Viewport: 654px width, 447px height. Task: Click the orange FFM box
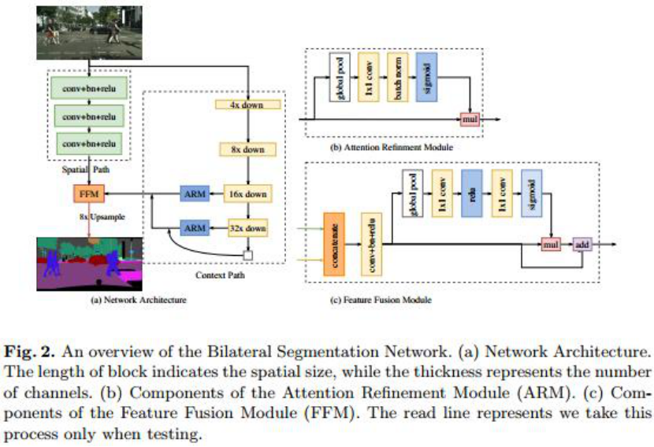[x=87, y=193]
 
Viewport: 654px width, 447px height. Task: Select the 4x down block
[x=247, y=105]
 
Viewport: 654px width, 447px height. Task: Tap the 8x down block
[x=247, y=149]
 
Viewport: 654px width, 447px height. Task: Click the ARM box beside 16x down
[x=194, y=193]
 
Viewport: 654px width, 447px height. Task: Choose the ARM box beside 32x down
[x=194, y=227]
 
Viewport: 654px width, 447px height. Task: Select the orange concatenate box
[x=334, y=244]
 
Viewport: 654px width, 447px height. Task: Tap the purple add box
[x=582, y=245]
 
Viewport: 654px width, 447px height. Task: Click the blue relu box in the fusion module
[x=471, y=194]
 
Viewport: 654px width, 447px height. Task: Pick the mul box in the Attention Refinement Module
[x=470, y=119]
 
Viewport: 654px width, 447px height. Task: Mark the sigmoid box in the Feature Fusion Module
[x=531, y=194]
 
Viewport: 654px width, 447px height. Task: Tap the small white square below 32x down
[x=247, y=254]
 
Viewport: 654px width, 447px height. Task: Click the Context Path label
[x=216, y=275]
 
